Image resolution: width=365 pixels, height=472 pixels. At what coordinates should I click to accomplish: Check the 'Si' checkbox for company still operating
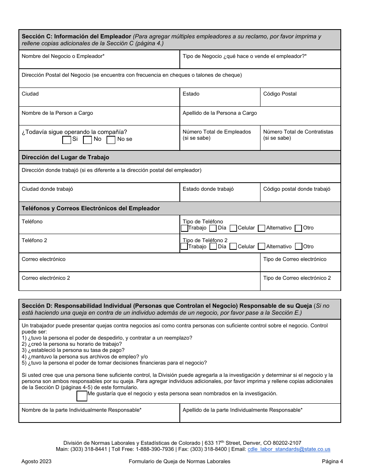pyautogui.click(x=66, y=140)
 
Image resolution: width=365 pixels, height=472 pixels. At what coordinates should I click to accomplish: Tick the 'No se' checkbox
pyautogui.click(x=111, y=140)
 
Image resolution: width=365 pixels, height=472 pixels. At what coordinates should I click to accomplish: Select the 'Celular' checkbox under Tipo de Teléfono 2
pyautogui.click(x=233, y=247)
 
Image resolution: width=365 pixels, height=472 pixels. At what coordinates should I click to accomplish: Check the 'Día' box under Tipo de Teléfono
pyautogui.click(x=213, y=228)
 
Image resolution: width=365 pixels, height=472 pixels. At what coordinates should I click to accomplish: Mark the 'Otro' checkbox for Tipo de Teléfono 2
pyautogui.click(x=298, y=247)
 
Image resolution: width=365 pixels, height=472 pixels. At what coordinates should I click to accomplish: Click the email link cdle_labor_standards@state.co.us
pyautogui.click(x=289, y=449)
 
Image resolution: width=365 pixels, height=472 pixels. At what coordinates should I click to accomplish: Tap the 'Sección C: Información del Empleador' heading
pyautogui.click(x=76, y=37)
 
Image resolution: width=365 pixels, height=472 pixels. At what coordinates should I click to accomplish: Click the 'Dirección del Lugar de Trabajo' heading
pyautogui.click(x=65, y=157)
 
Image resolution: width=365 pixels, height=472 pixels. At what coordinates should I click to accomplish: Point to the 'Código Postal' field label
pyautogui.click(x=280, y=94)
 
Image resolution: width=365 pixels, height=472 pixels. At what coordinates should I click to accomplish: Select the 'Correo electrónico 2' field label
pyautogui.click(x=46, y=278)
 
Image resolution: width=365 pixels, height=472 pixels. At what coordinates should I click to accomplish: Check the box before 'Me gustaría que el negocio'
pyautogui.click(x=82, y=396)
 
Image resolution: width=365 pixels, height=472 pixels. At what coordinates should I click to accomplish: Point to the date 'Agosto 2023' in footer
pyautogui.click(x=36, y=462)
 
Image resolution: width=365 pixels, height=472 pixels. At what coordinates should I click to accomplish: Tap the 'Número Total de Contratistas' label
pyautogui.click(x=298, y=132)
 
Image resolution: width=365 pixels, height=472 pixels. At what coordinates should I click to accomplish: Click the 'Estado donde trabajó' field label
pyautogui.click(x=208, y=189)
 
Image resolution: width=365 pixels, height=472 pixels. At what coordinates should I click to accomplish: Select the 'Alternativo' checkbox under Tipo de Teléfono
pyautogui.click(x=262, y=228)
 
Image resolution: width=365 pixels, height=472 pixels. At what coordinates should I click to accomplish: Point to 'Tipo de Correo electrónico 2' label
pyautogui.click(x=297, y=278)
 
